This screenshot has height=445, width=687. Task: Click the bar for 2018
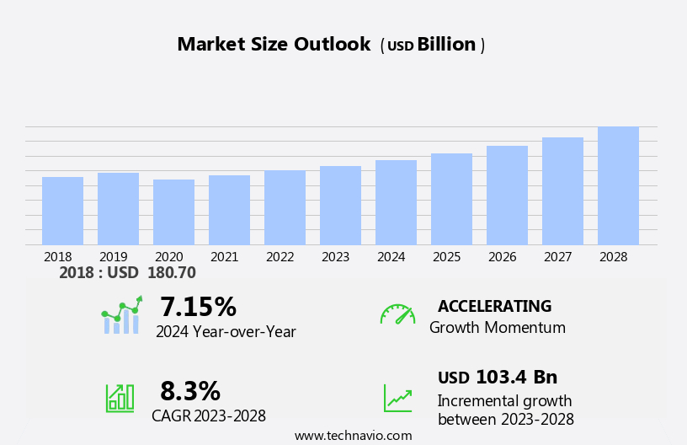pyautogui.click(x=62, y=211)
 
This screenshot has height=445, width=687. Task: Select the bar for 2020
pyautogui.click(x=173, y=212)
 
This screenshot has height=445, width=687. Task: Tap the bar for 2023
pyautogui.click(x=340, y=206)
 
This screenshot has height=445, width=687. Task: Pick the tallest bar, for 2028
pyautogui.click(x=618, y=185)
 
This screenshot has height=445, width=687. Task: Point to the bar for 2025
pyautogui.click(x=451, y=199)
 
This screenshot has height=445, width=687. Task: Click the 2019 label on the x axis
pyautogui.click(x=113, y=257)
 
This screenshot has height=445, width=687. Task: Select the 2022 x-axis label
pyautogui.click(x=280, y=257)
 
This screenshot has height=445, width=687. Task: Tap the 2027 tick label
pyautogui.click(x=557, y=257)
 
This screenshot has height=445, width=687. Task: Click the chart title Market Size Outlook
pyautogui.click(x=274, y=45)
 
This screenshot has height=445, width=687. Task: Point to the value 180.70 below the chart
pyautogui.click(x=171, y=273)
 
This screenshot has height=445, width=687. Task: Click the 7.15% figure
pyautogui.click(x=198, y=307)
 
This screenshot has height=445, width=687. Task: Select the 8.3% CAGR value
pyautogui.click(x=190, y=391)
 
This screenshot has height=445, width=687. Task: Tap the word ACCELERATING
pyautogui.click(x=494, y=306)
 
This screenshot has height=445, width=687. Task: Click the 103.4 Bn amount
pyautogui.click(x=516, y=377)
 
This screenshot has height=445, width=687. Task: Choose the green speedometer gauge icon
pyautogui.click(x=397, y=314)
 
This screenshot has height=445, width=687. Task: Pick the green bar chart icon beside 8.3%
pyautogui.click(x=120, y=397)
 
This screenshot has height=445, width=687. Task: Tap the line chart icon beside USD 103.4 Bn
pyautogui.click(x=397, y=397)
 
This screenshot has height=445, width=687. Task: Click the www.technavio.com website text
pyautogui.click(x=353, y=436)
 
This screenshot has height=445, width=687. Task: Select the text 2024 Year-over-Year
pyautogui.click(x=226, y=332)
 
